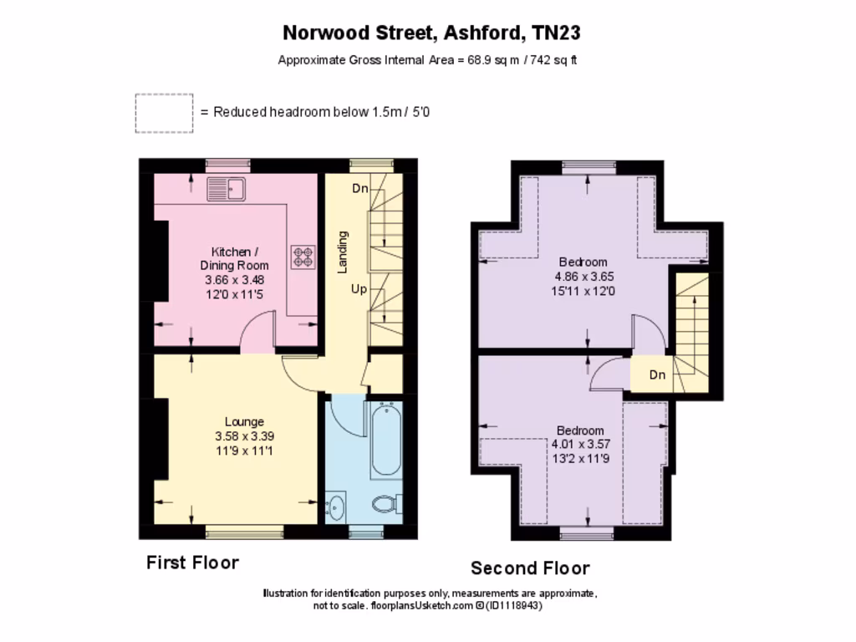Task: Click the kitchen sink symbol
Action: point(225,190)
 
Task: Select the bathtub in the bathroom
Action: point(385,439)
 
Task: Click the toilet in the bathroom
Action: point(384,505)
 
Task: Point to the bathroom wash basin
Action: point(336,507)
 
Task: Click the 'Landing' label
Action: point(342,252)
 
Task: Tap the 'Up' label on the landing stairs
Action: point(359,289)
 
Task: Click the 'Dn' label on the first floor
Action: point(359,189)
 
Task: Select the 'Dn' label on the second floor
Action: point(658,374)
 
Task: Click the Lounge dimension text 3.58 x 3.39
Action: point(244,436)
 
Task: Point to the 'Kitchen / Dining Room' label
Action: point(240,258)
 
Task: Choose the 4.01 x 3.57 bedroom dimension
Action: point(580,445)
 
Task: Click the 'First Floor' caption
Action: point(192,563)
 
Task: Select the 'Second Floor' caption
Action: point(530,568)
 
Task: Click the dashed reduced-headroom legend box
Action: point(164,113)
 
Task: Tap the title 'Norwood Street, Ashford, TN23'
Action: point(431,33)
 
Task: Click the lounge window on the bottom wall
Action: point(244,528)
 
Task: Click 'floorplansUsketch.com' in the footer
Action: point(422,606)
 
